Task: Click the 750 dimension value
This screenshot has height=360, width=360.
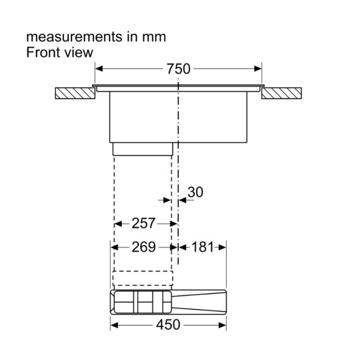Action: [178, 69]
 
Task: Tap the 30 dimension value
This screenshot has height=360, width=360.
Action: [195, 192]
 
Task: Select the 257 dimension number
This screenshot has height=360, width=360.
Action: [143, 223]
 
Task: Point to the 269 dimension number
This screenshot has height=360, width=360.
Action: [143, 247]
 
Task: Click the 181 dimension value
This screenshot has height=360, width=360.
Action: [202, 247]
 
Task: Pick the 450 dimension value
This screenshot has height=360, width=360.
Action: [168, 325]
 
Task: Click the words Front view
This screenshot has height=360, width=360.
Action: [60, 52]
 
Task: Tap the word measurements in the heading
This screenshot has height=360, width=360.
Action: [74, 37]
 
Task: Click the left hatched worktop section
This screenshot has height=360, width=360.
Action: [75, 93]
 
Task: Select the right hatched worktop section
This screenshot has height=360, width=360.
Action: [281, 93]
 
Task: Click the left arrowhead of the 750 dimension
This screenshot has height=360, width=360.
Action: [99, 69]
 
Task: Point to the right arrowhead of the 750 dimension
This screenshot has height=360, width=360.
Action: [258, 69]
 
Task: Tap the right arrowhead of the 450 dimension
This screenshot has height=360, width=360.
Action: [223, 325]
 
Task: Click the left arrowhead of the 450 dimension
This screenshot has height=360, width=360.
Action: [114, 325]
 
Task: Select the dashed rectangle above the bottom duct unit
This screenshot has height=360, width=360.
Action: [143, 278]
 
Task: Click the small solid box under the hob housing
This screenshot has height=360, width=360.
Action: [143, 149]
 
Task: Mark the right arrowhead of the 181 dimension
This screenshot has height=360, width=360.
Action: [223, 247]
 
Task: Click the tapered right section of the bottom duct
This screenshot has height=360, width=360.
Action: [199, 302]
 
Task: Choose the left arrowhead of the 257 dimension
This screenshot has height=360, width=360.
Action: [118, 223]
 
